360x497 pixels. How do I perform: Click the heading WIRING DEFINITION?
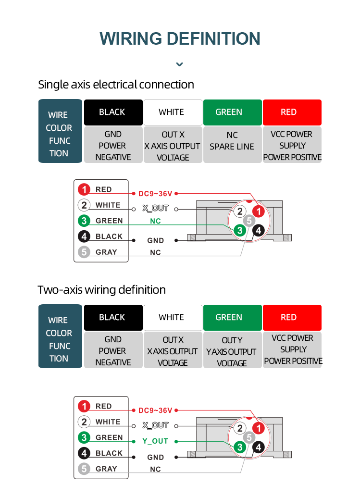180,38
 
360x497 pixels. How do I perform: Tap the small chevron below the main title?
180,64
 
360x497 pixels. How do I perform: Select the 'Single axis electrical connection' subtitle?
116,85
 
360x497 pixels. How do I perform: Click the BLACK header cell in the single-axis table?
113,112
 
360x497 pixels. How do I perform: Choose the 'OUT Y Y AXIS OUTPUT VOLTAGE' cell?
232,350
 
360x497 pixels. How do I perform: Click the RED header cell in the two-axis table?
292,317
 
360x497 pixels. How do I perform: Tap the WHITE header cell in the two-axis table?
173,317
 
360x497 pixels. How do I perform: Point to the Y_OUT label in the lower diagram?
155,441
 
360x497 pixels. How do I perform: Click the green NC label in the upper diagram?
155,221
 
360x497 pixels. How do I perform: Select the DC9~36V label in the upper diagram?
155,194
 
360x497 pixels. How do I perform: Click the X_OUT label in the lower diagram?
155,425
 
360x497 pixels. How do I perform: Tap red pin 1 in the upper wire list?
85,189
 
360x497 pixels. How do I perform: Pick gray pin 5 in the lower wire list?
85,469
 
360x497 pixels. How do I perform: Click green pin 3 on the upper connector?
239,230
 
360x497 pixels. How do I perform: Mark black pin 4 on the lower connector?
259,447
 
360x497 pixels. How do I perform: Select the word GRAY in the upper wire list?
106,252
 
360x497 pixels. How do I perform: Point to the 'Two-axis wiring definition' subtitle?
101,290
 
